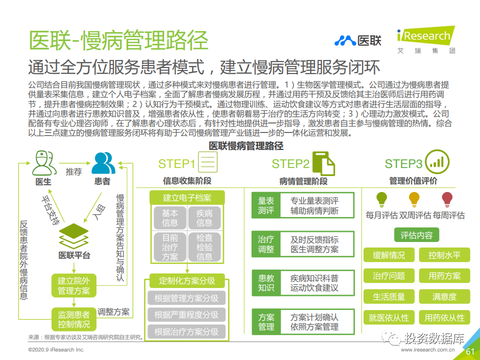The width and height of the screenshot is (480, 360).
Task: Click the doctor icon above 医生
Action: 44,163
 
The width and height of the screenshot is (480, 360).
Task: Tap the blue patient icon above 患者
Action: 103,163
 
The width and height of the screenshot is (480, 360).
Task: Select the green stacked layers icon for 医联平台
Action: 73,236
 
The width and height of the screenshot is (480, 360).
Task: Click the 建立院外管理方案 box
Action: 74,285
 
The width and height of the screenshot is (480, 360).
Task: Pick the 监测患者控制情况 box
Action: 74,319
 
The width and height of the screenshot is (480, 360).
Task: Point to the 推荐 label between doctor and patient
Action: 74,171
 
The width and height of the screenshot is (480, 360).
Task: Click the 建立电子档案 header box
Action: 187,198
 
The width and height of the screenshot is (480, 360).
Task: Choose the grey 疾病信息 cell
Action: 204,218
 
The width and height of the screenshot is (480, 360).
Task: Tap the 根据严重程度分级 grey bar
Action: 186,314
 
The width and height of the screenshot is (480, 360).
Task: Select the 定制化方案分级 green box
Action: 187,280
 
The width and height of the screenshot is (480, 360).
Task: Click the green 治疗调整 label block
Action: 265,244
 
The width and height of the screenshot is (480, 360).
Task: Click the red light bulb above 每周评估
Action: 447,199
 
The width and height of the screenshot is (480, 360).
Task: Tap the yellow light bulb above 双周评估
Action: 414,199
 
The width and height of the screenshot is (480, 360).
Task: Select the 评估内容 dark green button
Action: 416,235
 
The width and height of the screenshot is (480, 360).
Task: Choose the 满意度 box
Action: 444,296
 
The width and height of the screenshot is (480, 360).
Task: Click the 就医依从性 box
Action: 389,317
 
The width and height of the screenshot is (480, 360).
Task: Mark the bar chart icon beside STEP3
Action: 437,162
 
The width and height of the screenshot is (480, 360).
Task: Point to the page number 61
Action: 470,351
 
